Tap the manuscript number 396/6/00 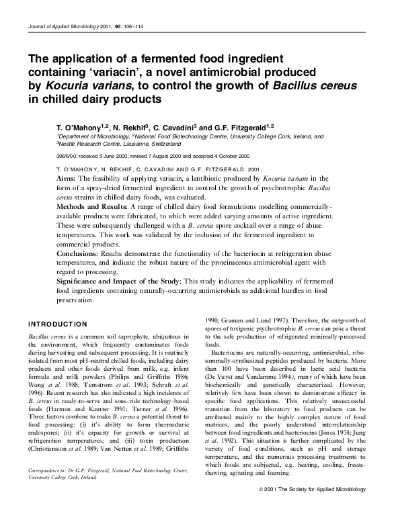(67, 154)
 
